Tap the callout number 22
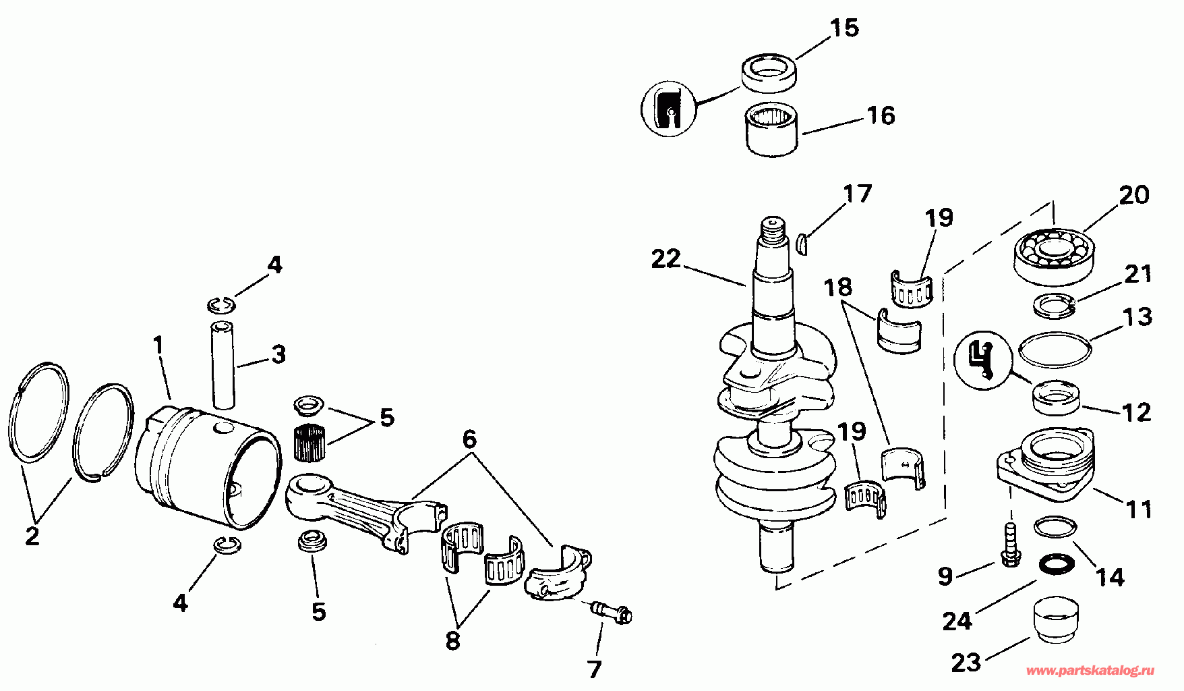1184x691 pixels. tap(665, 258)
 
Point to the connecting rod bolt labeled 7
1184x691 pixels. tap(612, 612)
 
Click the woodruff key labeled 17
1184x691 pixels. tap(801, 242)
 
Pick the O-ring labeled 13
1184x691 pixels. tap(1055, 350)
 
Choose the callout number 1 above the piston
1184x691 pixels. tap(158, 345)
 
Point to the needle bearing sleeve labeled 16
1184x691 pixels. tap(772, 128)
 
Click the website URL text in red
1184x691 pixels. tap(1090, 671)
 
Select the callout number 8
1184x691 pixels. tap(452, 640)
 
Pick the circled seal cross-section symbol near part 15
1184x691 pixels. tap(668, 108)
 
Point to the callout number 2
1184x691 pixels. tap(32, 536)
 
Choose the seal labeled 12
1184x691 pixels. tap(1055, 397)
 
